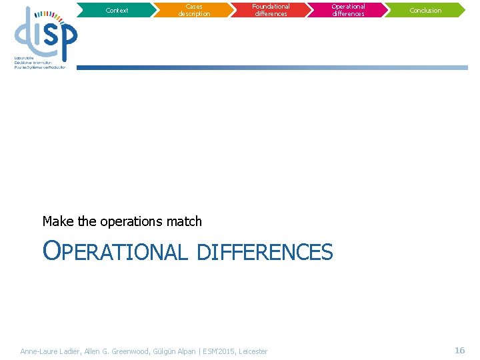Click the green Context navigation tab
[117, 10]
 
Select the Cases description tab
[194, 10]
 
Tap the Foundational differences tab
[271, 10]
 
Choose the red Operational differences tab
[348, 10]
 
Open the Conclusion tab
[425, 10]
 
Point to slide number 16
[459, 350]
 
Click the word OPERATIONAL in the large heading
[115, 252]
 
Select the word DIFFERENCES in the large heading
[265, 252]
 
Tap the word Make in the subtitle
[56, 221]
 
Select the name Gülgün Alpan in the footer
[175, 351]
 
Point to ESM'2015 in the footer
[219, 351]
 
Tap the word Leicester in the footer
[253, 351]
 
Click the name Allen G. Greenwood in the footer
[112, 351]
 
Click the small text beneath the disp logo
[40, 63]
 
